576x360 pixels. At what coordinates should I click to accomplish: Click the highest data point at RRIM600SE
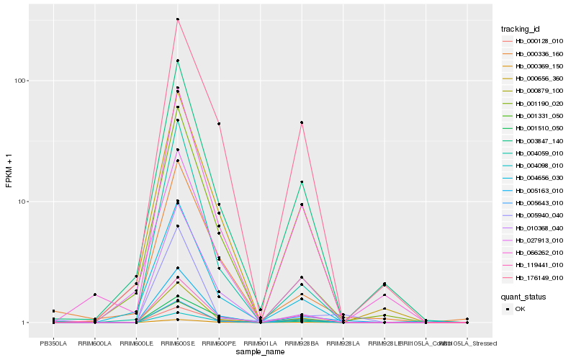pyautogui.click(x=177, y=19)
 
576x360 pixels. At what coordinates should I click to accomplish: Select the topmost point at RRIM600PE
pyautogui.click(x=219, y=124)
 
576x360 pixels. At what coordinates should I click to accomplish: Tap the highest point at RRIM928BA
pyautogui.click(x=302, y=122)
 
